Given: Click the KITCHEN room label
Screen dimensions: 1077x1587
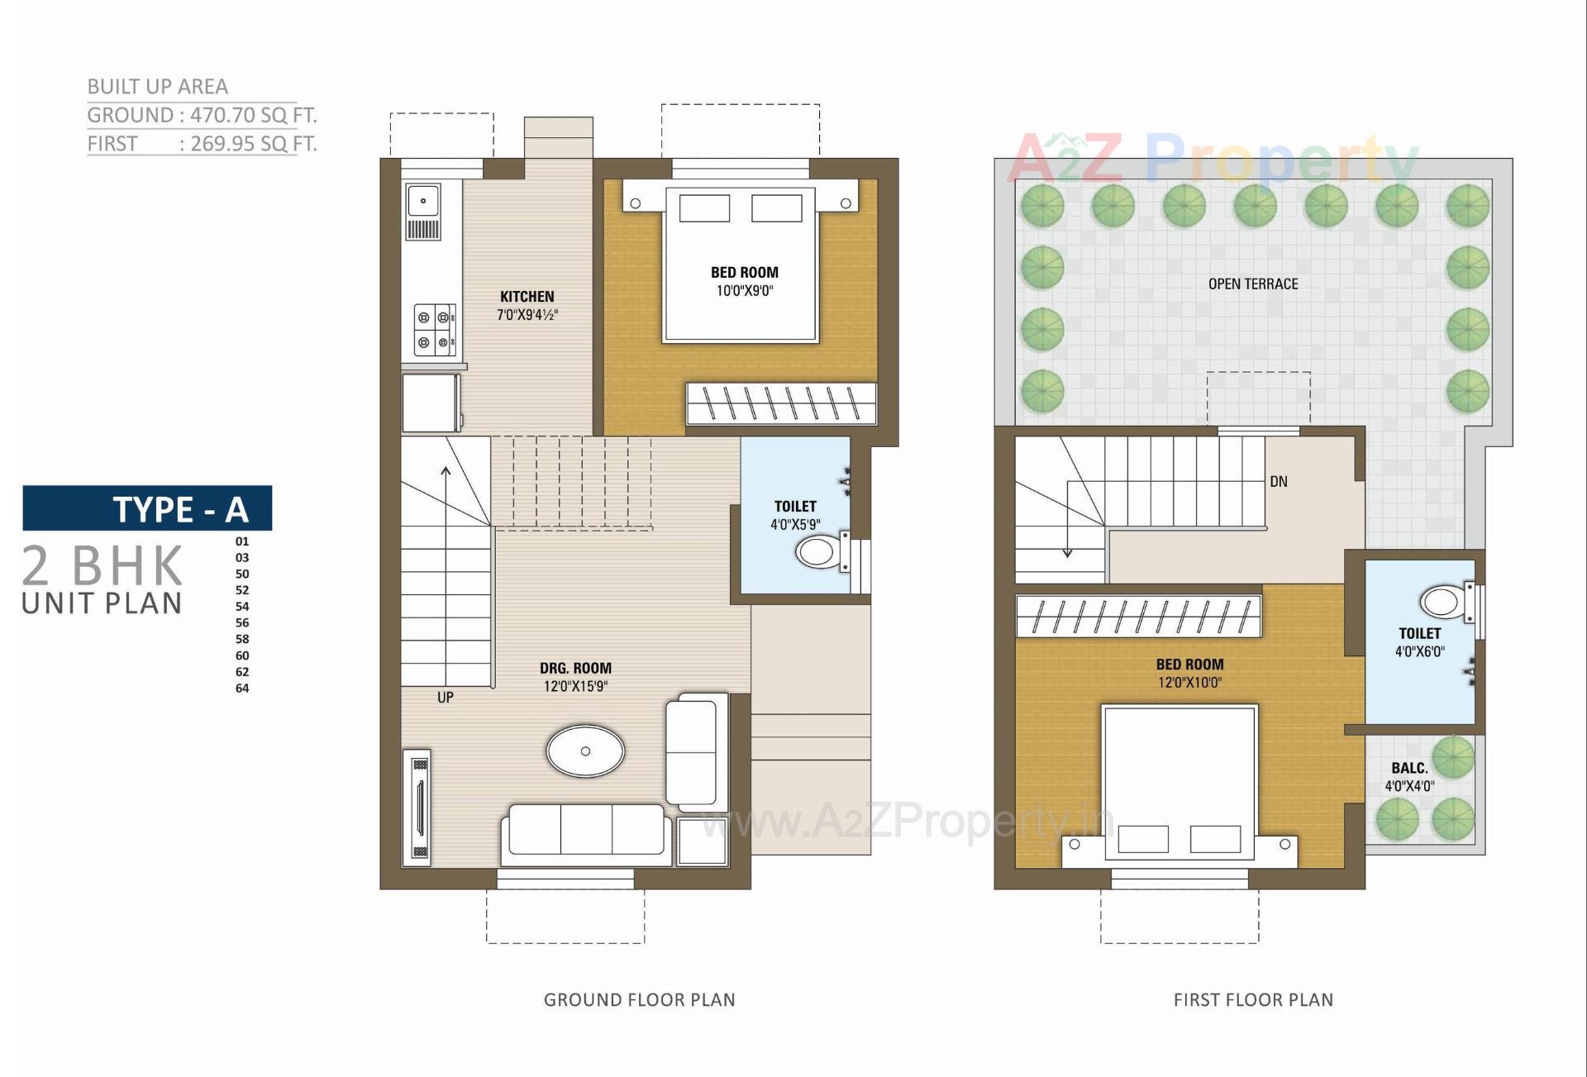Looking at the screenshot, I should point(527,297).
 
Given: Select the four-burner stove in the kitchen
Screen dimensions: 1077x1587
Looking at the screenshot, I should point(435,329).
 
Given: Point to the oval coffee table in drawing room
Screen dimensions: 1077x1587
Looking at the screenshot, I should point(585,751).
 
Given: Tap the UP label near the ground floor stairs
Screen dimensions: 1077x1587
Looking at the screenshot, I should point(445,698).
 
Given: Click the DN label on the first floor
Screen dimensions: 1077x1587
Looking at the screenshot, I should point(1278,482).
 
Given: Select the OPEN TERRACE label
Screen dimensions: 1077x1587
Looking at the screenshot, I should point(1252,284).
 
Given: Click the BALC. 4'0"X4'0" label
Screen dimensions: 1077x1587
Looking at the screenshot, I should point(1409,777).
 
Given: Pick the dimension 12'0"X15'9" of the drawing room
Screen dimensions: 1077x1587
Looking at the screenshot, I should point(575,686).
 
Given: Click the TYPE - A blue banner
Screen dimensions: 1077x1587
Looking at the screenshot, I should point(147,508).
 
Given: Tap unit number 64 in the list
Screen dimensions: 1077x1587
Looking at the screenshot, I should point(242,688).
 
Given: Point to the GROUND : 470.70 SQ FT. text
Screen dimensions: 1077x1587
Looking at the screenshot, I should point(202,115).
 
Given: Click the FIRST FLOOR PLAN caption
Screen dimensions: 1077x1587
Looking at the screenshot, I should point(1252,1000).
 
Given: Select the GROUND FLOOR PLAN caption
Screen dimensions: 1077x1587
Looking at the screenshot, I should point(639,1000).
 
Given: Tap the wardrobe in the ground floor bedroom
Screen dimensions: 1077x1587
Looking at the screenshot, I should point(781,404).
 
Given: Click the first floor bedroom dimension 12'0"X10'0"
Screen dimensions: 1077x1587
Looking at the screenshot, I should point(1189,683).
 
